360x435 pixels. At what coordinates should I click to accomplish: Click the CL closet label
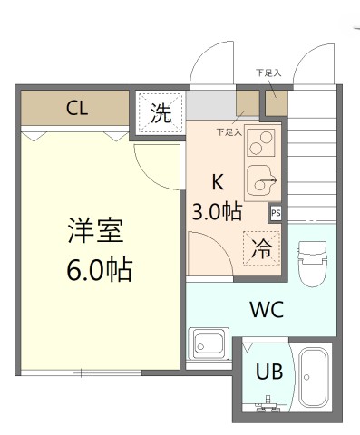(76, 109)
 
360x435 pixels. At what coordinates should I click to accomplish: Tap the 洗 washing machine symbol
(160, 113)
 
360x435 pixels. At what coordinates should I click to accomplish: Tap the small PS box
(275, 212)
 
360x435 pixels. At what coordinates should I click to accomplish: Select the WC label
(267, 309)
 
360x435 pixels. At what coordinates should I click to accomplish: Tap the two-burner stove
(262, 143)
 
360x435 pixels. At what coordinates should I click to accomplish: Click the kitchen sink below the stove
(264, 183)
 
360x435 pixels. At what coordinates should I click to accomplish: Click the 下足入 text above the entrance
(268, 72)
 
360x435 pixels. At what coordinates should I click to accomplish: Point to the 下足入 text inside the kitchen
(229, 132)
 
